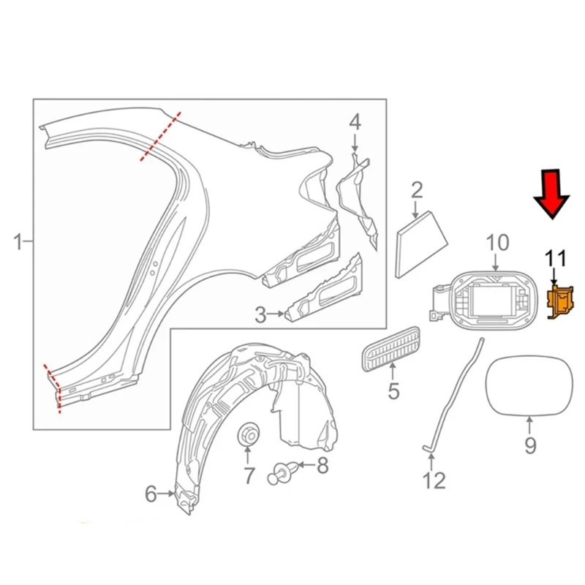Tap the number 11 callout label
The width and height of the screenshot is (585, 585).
(556, 257)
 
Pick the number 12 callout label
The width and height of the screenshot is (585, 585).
(434, 480)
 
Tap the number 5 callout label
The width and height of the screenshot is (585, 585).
(393, 391)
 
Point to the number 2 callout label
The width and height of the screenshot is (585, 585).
(417, 192)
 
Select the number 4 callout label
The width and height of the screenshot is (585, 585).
(354, 122)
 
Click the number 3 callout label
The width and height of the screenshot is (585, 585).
(261, 315)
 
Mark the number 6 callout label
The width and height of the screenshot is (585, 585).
(151, 494)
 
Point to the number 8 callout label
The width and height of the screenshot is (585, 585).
(322, 466)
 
